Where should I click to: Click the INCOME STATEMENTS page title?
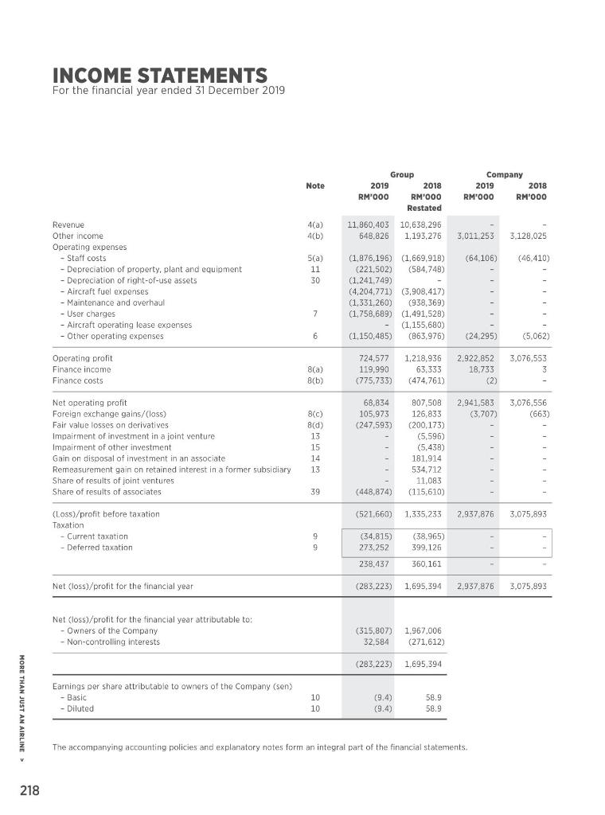(x=159, y=76)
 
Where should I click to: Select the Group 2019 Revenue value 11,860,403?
(x=369, y=225)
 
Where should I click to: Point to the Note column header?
(x=314, y=185)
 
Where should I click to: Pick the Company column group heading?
(x=505, y=174)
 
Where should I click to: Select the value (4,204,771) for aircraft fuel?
(x=369, y=292)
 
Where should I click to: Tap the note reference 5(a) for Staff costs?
(x=314, y=258)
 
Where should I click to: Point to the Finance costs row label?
(x=75, y=380)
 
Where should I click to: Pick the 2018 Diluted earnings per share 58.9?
(x=432, y=708)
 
